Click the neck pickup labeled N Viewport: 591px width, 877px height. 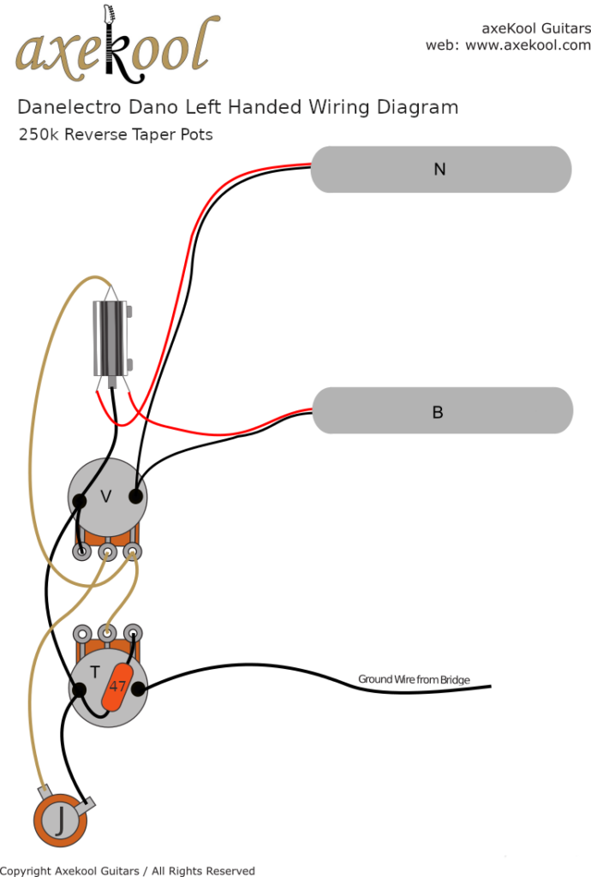(440, 170)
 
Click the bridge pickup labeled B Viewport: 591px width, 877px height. (440, 412)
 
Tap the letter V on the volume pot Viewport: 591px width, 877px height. (106, 496)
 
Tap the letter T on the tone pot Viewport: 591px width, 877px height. (95, 672)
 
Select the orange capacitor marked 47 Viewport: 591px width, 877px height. (117, 684)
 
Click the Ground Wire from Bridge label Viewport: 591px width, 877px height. (414, 680)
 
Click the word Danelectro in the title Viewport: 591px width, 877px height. (70, 108)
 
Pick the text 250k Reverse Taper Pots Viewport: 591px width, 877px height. (116, 134)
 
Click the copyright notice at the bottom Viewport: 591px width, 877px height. (128, 870)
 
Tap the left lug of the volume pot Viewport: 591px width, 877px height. (82, 552)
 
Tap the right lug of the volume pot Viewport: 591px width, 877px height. (132, 552)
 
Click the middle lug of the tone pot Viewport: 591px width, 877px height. (107, 634)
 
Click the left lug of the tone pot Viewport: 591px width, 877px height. (82, 634)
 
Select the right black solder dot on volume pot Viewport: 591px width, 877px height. (135, 496)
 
